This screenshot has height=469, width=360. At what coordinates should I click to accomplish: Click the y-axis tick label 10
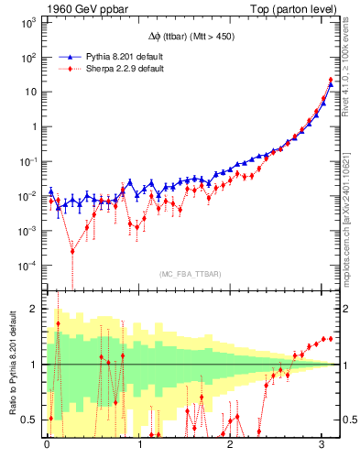[x=31, y=92]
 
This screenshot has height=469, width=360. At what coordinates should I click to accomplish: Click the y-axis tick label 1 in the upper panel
[x=34, y=126]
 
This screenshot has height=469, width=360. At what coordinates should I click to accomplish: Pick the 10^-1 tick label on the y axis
[x=27, y=161]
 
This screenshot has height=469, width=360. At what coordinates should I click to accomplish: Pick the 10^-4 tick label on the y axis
[x=27, y=266]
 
